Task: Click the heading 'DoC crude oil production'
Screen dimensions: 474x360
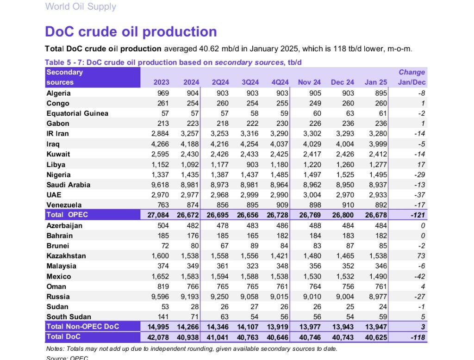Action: (131, 31)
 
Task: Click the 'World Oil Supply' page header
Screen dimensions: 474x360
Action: (81, 6)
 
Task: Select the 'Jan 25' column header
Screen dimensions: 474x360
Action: (376, 82)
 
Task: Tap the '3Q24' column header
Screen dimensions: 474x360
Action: (250, 82)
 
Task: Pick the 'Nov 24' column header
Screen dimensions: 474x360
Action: (309, 82)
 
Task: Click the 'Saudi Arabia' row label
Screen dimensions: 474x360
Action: (69, 185)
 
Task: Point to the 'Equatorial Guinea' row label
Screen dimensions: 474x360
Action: (77, 113)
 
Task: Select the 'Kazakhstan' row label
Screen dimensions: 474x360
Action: (66, 256)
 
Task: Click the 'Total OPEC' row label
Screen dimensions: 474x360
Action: (67, 215)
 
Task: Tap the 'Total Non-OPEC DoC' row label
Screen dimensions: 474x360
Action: (83, 326)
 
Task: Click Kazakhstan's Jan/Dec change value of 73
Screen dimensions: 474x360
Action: (421, 256)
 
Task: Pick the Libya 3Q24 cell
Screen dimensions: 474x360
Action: (252, 165)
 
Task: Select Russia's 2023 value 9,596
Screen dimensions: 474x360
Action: (160, 297)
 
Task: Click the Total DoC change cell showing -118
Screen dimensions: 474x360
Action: (418, 337)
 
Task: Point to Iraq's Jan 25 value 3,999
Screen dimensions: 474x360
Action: (378, 144)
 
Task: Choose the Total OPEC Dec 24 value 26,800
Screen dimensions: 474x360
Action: (343, 215)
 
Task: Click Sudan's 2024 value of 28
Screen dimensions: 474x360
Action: (195, 307)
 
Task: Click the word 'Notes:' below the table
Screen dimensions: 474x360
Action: (56, 349)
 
